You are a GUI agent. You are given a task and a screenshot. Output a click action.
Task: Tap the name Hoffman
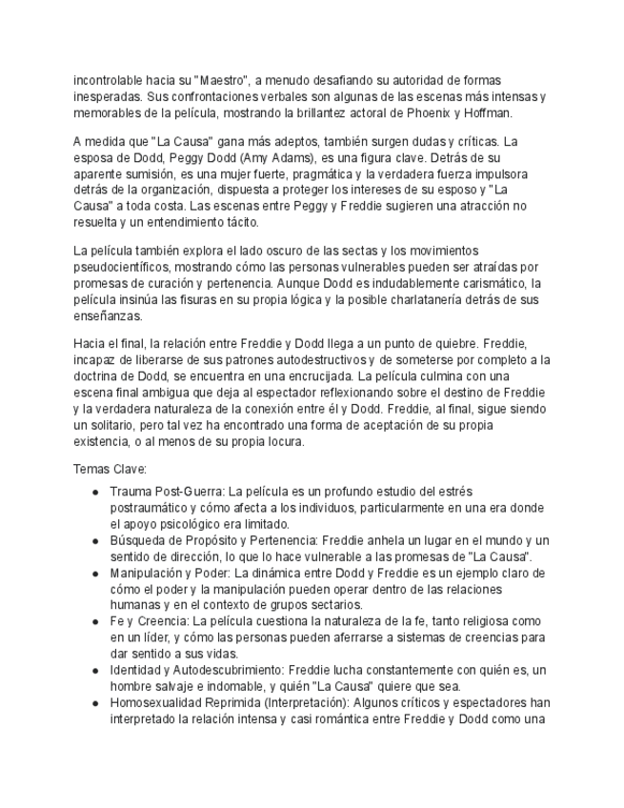(x=488, y=112)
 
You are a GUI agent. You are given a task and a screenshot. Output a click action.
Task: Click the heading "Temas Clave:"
(x=110, y=469)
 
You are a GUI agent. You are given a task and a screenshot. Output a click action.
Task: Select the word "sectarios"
(x=335, y=605)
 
